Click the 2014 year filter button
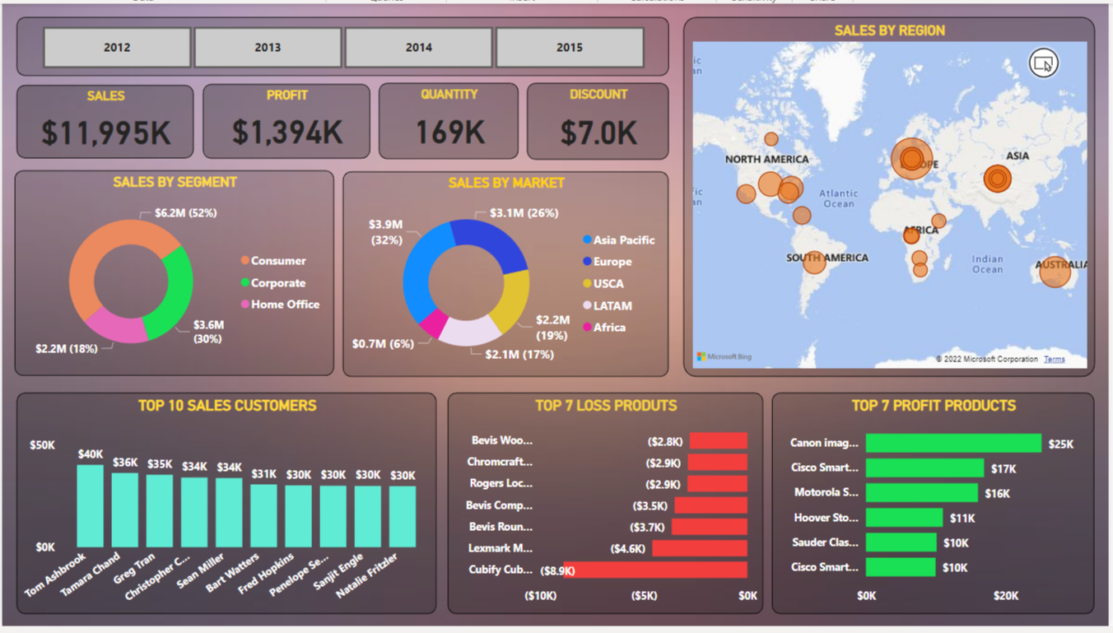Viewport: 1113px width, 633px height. point(418,48)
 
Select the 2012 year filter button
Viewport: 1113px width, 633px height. point(117,48)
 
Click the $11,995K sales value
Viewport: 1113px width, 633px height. point(105,133)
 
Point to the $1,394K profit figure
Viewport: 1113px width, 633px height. point(286,132)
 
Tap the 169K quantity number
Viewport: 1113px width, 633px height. point(449,132)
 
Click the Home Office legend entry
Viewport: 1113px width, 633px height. point(284,305)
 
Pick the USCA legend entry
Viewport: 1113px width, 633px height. point(608,284)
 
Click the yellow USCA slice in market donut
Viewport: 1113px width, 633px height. point(516,300)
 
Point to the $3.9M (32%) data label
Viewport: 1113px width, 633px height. point(385,232)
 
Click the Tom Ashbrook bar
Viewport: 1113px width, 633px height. point(91,506)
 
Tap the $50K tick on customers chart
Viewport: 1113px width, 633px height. point(43,445)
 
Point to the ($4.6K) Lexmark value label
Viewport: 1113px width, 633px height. point(628,548)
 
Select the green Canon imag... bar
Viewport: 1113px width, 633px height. point(952,444)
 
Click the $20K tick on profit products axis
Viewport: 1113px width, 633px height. point(1006,595)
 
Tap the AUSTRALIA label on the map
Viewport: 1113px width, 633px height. point(1061,265)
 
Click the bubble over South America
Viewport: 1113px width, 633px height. point(814,263)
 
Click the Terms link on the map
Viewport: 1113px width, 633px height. point(1054,359)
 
